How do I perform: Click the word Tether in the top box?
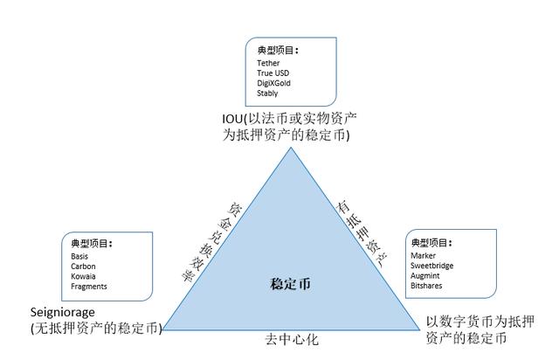click(267, 64)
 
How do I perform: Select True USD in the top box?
click(272, 73)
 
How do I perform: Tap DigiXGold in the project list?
click(273, 83)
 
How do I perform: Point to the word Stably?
click(267, 93)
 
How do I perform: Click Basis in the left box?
click(80, 257)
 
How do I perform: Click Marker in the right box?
click(424, 255)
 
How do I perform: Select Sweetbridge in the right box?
click(432, 265)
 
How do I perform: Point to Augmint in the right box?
click(426, 274)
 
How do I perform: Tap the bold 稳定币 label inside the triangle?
click(290, 285)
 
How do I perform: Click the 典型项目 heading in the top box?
click(276, 50)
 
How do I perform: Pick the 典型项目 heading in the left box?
click(92, 243)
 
